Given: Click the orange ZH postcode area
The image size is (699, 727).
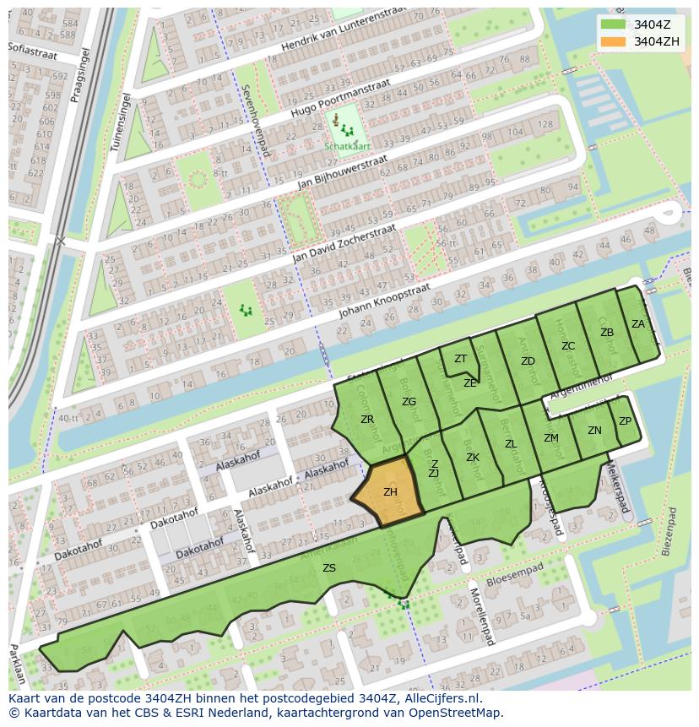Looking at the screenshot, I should coord(389,493).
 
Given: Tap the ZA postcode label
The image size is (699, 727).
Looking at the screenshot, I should coord(638,324).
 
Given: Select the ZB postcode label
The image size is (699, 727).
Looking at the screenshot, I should coord(607,333).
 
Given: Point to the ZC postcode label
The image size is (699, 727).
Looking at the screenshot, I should coord(568,346).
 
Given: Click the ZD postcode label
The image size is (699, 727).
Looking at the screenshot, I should coord(528,361).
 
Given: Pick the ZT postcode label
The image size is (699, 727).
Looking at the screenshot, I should coord(460,359).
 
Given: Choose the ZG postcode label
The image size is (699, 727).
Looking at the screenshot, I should coord(409,402).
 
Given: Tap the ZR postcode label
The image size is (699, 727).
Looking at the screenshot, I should coord(367,420).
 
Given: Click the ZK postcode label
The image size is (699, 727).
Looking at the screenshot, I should coord(473,458).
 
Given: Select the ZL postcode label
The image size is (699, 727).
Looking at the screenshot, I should coord(511,444).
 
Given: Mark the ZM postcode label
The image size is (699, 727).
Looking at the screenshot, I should coord(551,438).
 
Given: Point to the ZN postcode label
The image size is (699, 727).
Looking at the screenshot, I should coord(594,431).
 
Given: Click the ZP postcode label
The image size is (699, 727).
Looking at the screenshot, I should coord(625,421).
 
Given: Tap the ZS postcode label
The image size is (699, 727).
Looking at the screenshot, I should coord(329,568).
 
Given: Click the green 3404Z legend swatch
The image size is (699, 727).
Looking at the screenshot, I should coord(613,24).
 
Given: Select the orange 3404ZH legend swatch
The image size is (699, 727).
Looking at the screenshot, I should coord(613,41).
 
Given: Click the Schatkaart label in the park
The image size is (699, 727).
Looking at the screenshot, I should coord(347,145).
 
